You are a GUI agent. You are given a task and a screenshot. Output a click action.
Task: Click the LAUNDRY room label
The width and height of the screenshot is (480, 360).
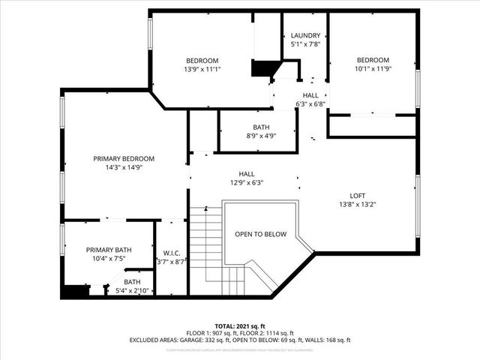coord(305,35)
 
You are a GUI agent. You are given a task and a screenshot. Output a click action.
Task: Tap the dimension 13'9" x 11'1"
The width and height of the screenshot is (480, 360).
coord(202,70)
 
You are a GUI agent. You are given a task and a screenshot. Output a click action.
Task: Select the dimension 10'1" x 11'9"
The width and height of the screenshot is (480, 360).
coord(373,70)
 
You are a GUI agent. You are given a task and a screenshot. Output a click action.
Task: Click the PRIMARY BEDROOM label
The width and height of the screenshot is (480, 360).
coord(124,159)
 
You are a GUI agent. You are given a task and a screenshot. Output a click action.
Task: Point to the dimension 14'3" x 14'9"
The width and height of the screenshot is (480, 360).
coord(124,168)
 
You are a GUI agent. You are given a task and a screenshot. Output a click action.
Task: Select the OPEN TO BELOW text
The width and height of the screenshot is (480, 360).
coord(260,235)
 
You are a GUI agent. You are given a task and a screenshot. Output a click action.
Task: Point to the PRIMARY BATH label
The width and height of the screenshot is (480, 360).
coord(109,250)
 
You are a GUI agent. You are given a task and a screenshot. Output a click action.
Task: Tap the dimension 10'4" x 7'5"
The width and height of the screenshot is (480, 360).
coord(109,259)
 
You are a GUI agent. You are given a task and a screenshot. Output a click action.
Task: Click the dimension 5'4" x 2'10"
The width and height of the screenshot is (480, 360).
coord(132,291)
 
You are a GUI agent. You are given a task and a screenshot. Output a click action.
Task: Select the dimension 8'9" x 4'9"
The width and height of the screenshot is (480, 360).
coord(261,136)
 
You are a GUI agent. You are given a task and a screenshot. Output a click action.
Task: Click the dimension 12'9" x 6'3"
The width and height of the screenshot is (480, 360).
coord(247,181)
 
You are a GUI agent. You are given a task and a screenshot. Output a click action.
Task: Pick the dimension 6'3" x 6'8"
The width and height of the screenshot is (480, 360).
coord(310,104)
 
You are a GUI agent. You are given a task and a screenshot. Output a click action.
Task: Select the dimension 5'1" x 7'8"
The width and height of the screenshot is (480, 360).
coord(305,44)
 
